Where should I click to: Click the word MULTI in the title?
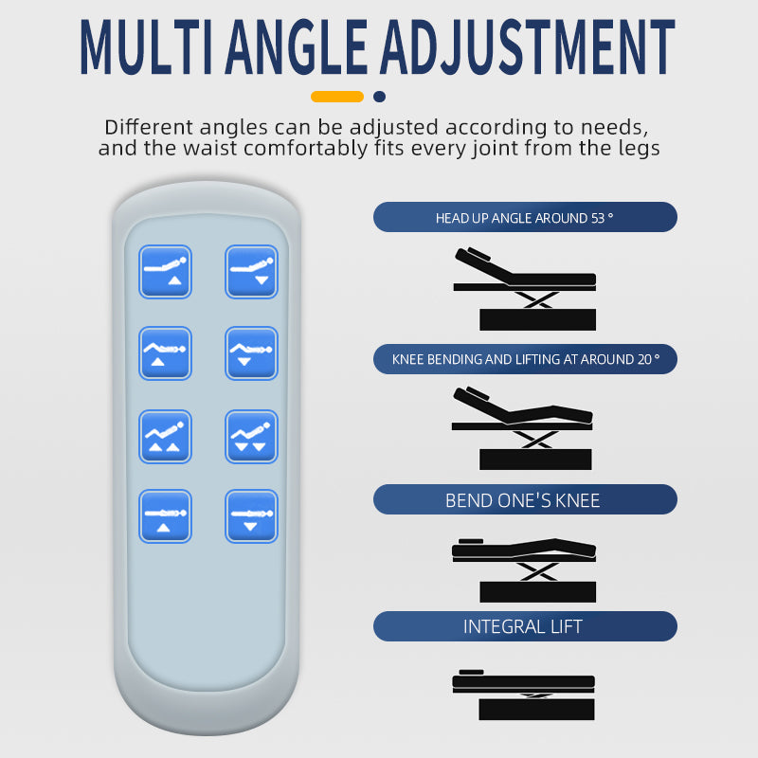click(x=147, y=47)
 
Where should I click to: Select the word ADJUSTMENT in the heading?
click(x=528, y=47)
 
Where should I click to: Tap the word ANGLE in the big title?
click(x=297, y=47)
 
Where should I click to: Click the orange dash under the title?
click(x=337, y=97)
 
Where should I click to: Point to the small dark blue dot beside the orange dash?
click(x=380, y=97)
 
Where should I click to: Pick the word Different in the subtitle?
click(x=149, y=127)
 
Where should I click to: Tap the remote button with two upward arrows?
click(x=165, y=437)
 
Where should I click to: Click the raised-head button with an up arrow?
click(x=165, y=272)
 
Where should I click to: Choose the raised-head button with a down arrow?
click(x=251, y=272)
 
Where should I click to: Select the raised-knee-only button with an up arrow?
click(x=165, y=353)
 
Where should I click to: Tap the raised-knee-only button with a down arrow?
click(x=251, y=353)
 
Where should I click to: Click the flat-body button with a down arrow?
click(x=251, y=516)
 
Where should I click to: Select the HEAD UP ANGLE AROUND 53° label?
click(x=525, y=217)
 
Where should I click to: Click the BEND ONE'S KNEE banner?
click(x=525, y=499)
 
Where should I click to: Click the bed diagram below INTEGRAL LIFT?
click(x=524, y=695)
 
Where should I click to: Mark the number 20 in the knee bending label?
click(x=644, y=359)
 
